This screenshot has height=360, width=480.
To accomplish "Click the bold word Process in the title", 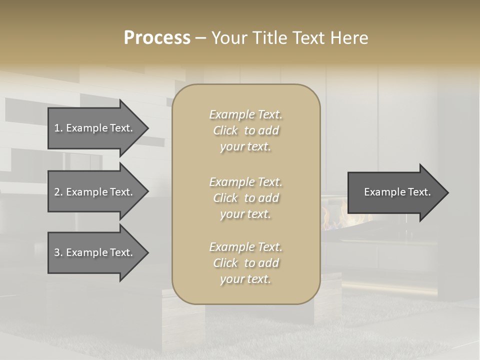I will click(x=157, y=38).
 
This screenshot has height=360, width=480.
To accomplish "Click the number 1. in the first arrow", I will click(x=58, y=128).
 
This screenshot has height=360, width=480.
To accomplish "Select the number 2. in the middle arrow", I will click(x=58, y=192).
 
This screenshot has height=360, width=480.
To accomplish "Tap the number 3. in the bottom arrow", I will click(x=58, y=252).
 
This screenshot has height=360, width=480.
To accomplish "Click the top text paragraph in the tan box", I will click(x=245, y=130).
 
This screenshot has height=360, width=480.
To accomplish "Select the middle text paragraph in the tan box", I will click(x=245, y=198).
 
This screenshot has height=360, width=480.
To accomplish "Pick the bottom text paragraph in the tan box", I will click(x=245, y=263).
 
